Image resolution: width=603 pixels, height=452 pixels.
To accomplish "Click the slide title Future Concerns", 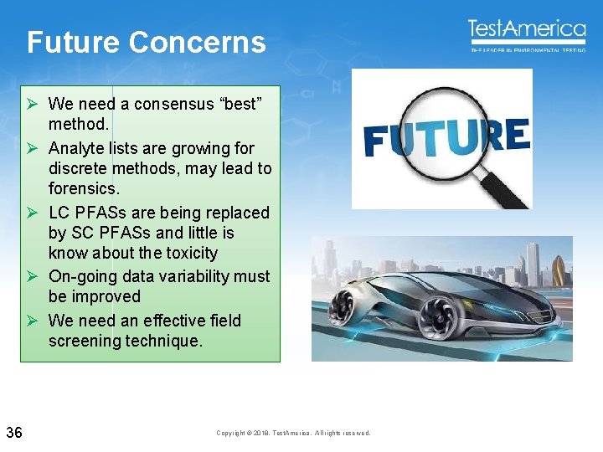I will pyautogui.click(x=146, y=43).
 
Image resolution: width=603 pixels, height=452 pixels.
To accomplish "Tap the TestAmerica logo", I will pyautogui.click(x=527, y=32).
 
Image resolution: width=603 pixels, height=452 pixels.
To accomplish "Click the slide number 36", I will pyautogui.click(x=14, y=432).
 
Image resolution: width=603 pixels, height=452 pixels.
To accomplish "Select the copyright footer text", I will pyautogui.click(x=292, y=433).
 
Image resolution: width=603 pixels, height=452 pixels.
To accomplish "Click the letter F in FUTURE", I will pyautogui.click(x=378, y=141).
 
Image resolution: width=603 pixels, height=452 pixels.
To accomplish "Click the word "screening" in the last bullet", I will pyautogui.click(x=84, y=341).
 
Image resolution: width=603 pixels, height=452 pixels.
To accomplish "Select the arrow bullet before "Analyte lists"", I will pyautogui.click(x=30, y=149).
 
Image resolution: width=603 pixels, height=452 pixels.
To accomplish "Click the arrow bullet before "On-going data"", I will pyautogui.click(x=30, y=277).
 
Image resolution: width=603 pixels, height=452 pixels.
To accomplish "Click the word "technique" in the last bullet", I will pyautogui.click(x=163, y=341).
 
